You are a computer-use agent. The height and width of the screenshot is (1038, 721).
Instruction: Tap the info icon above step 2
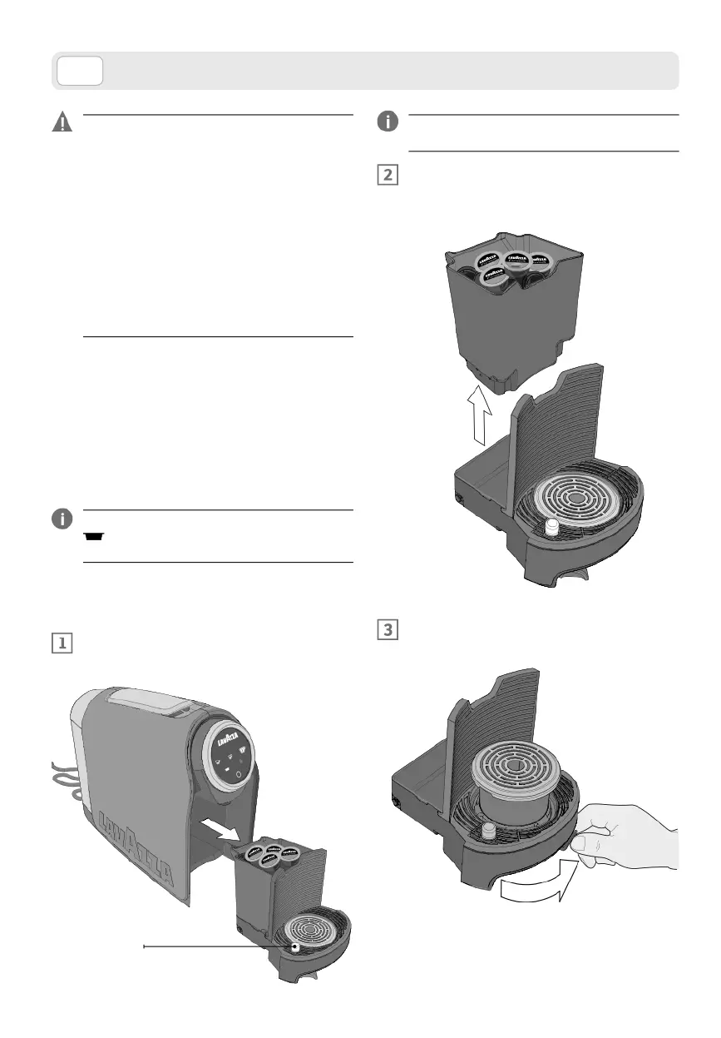[387, 122]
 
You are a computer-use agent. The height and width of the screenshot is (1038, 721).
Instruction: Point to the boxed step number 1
[62, 643]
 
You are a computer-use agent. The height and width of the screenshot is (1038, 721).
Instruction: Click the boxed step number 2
[388, 176]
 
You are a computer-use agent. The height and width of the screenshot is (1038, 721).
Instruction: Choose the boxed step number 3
[388, 630]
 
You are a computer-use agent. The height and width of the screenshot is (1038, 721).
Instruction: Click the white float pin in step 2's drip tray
[551, 526]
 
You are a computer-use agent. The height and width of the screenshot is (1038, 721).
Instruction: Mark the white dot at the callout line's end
[295, 946]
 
